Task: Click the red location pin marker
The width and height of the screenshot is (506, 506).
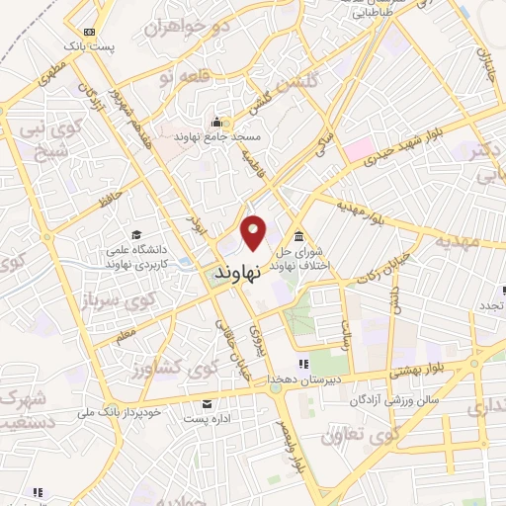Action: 254,233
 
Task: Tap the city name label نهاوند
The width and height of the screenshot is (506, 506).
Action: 235,269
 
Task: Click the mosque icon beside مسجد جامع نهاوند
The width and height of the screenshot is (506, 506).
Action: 216,124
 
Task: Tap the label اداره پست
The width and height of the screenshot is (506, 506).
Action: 208,420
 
